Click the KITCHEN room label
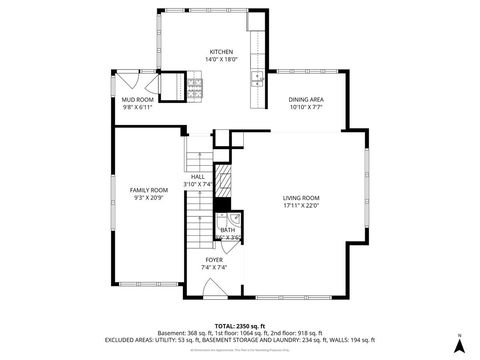[x=221, y=52]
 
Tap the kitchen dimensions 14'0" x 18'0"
[x=221, y=60]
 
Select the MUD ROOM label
[x=137, y=100]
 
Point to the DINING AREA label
[x=306, y=99]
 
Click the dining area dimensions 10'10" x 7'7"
[x=306, y=107]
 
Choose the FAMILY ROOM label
[x=146, y=189]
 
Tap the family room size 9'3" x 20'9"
[x=146, y=197]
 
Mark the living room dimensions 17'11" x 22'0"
[x=300, y=206]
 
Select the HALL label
[x=198, y=177]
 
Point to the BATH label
[x=228, y=230]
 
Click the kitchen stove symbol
[x=195, y=89]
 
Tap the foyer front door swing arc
[x=213, y=289]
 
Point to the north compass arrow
[x=458, y=344]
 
